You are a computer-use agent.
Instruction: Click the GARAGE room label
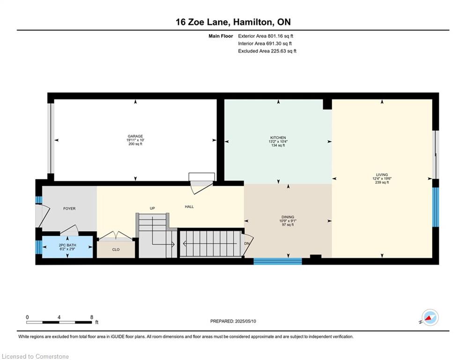(135, 136)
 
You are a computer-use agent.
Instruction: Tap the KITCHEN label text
(278, 138)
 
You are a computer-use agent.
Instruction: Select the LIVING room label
(382, 175)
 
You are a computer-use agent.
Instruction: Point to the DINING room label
(288, 217)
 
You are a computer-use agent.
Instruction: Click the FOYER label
(69, 209)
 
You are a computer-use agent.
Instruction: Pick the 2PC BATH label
(67, 245)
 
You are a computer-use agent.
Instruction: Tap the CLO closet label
(116, 250)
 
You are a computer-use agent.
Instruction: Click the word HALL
(189, 207)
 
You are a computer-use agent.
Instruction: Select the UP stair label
(152, 208)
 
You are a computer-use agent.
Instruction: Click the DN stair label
(247, 243)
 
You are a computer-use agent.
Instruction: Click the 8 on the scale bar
(91, 317)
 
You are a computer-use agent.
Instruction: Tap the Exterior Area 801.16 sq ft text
(266, 36)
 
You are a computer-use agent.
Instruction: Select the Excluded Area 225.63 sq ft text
(267, 51)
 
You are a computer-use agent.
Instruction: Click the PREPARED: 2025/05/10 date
(233, 321)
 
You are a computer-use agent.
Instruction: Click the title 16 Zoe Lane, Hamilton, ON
(233, 22)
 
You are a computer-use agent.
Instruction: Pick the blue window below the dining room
(278, 261)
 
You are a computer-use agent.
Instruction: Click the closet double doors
(115, 236)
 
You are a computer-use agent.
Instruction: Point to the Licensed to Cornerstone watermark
(35, 356)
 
